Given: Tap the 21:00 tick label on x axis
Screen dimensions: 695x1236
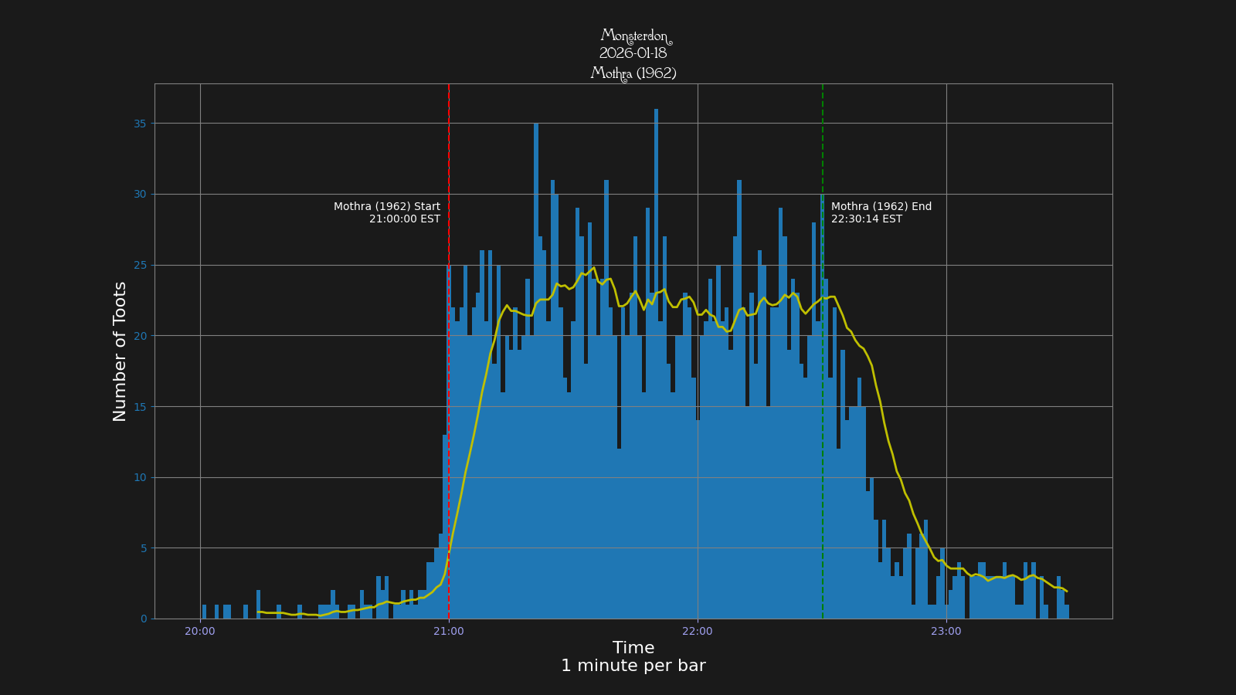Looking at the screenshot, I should (x=449, y=631).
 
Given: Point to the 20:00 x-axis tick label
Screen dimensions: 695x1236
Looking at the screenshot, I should (x=200, y=631).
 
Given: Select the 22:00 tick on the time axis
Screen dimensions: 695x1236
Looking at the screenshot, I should (x=698, y=631).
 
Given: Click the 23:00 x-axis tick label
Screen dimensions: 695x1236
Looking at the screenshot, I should (x=946, y=631).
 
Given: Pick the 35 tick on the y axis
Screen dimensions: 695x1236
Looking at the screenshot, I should (x=139, y=124).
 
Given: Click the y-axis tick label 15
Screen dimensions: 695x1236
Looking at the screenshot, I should (x=139, y=407).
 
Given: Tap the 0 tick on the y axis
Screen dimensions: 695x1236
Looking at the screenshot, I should (x=144, y=619).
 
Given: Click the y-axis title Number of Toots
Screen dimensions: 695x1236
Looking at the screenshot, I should (x=120, y=351).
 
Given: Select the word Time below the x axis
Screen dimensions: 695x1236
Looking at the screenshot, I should (x=633, y=648).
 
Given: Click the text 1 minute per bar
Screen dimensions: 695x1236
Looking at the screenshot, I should (x=633, y=666).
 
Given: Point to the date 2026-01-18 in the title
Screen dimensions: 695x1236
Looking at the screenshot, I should (x=633, y=53).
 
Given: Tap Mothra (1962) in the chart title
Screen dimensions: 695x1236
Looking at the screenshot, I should (x=633, y=73).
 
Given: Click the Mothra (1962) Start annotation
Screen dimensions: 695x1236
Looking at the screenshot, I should (x=387, y=206).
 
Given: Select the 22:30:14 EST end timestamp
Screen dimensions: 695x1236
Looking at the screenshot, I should (x=867, y=219).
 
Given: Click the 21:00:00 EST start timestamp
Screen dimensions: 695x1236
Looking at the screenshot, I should (x=405, y=219).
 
